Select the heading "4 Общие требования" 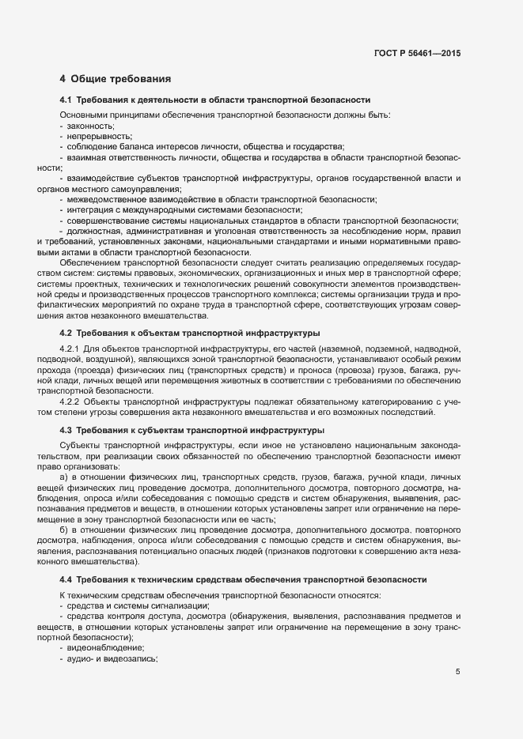click(114, 79)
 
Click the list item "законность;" click(91, 126)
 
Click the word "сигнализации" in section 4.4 click(174, 604)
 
